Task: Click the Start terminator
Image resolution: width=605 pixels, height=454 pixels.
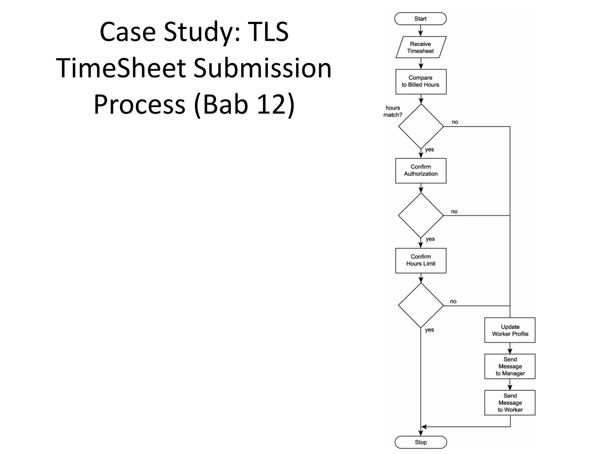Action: pos(420,19)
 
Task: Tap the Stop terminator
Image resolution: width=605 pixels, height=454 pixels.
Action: pos(421,442)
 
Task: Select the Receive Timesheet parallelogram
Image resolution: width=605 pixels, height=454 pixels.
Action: pos(421,47)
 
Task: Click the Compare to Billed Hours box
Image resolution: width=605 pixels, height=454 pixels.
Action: pos(421,82)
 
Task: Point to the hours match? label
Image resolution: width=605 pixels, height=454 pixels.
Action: pos(393,111)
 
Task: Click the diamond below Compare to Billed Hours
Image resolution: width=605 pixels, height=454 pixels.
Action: pos(421,127)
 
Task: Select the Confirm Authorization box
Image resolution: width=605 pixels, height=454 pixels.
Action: pos(421,171)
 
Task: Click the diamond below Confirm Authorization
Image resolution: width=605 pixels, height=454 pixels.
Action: pos(421,215)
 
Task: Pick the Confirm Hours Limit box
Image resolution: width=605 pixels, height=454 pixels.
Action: pos(421,260)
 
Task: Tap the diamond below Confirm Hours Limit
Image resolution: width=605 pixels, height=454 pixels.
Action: pos(421,305)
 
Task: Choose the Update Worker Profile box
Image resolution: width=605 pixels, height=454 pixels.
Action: pos(510,330)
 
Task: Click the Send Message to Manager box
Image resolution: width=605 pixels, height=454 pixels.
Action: pos(510,367)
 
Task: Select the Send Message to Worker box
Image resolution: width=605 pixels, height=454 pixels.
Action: pos(510,403)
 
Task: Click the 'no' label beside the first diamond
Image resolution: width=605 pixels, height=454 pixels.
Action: pos(455,122)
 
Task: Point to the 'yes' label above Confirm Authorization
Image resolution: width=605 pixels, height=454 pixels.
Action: pos(429,150)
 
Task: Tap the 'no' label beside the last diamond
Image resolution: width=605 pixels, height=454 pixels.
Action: pos(453,301)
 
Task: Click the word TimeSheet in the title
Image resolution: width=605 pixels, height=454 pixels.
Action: pos(121,68)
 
